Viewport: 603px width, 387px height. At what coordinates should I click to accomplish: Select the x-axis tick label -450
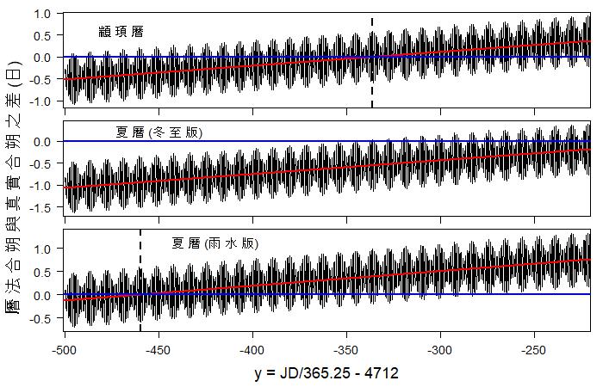click(157, 350)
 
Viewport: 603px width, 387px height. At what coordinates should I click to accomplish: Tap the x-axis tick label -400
click(252, 350)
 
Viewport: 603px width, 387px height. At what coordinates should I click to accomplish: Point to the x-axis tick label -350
click(345, 350)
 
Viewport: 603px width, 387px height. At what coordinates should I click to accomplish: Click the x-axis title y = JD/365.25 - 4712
click(326, 374)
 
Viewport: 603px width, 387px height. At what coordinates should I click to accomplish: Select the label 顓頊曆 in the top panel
click(121, 31)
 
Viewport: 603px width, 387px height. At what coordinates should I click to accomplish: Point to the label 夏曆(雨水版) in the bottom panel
click(215, 243)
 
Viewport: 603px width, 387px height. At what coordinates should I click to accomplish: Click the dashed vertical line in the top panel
click(372, 60)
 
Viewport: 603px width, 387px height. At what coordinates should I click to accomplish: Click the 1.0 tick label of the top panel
click(41, 13)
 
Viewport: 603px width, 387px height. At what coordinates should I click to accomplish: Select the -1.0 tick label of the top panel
click(40, 101)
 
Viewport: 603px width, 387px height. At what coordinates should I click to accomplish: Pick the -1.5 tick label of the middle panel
click(40, 207)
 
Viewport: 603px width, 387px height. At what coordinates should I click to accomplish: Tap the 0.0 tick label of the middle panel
click(41, 141)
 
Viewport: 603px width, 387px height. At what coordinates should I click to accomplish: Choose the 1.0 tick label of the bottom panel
click(41, 249)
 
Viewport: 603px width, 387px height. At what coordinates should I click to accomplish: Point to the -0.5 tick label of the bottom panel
click(40, 317)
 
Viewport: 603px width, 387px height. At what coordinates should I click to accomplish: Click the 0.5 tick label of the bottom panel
click(41, 272)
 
